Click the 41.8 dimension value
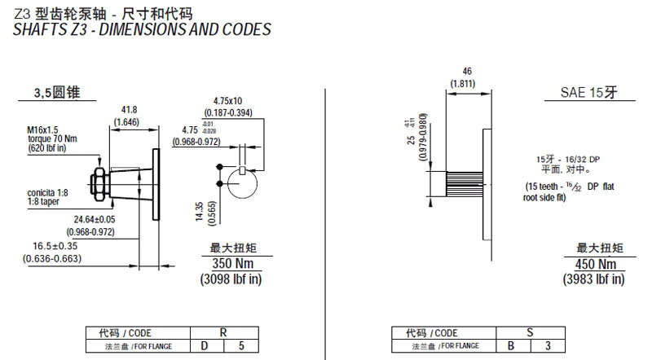(x=128, y=109)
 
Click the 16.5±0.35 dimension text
(x=56, y=245)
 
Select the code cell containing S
(x=529, y=332)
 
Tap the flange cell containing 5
(x=240, y=345)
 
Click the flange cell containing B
(x=512, y=345)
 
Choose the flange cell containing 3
(x=547, y=345)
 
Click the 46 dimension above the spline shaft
(x=467, y=70)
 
